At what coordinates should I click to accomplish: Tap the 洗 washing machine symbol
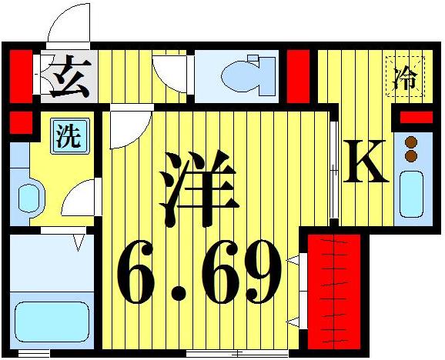(x=67, y=138)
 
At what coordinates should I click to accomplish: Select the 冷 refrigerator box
(x=403, y=77)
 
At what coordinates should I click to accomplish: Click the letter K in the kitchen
(x=365, y=161)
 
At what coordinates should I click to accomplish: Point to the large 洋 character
(x=197, y=183)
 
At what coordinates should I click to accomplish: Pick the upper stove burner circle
(x=411, y=142)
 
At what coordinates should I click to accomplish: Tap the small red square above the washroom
(x=20, y=122)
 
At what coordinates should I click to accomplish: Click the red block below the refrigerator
(x=417, y=117)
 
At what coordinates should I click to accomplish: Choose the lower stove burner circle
(x=411, y=155)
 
